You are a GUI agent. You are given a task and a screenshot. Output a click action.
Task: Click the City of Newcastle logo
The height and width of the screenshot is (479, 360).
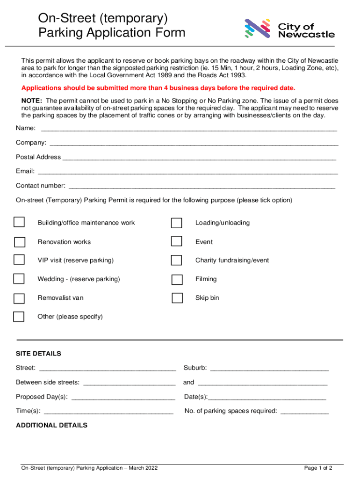coord(289,29)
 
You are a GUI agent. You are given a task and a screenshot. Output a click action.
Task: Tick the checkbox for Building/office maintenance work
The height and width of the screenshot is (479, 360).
coord(19,222)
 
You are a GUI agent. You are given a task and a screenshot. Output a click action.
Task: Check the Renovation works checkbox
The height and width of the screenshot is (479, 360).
coord(20,242)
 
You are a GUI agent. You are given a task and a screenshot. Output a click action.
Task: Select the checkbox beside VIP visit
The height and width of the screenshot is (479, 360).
coord(19,260)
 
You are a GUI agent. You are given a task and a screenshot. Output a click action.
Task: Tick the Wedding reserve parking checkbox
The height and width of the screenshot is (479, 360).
coord(19,279)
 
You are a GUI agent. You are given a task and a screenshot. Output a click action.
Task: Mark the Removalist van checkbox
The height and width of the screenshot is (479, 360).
coord(19,298)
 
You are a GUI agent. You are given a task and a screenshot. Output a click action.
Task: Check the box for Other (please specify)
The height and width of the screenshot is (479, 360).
coord(19,317)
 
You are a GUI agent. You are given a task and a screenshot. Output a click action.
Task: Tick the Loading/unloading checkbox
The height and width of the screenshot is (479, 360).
coord(177,223)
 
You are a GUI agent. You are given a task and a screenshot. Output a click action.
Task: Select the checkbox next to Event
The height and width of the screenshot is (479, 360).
coord(176,241)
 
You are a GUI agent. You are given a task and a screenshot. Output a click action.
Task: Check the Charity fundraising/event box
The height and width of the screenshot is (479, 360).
coord(176,260)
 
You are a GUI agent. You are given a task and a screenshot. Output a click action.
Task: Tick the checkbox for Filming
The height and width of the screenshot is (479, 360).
coord(177,280)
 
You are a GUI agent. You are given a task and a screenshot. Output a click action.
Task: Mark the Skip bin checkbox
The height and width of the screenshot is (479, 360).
coord(177,298)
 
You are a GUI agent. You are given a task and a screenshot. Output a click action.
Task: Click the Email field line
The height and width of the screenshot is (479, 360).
coord(187,173)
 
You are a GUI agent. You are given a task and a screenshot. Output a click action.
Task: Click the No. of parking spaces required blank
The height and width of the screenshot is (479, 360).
coord(304,413)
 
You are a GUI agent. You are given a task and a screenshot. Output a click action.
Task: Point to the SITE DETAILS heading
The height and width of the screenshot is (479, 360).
coord(38,354)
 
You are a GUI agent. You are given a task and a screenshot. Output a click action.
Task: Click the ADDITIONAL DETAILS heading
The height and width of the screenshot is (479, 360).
coord(51,425)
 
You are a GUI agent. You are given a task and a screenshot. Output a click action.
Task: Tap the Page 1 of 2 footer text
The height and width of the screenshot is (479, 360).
coord(318,468)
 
